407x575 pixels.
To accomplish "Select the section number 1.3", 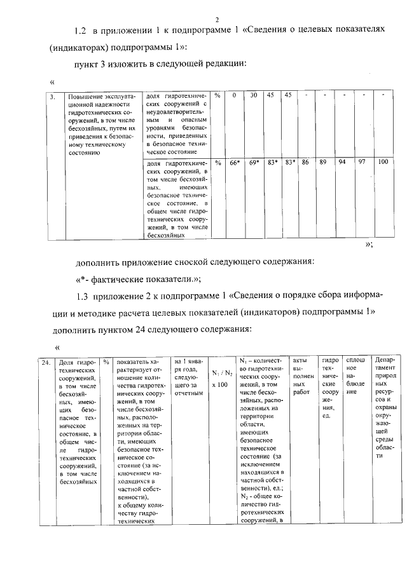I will pyautogui.click(x=81, y=297).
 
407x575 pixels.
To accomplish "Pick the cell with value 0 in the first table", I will pyautogui.click(x=235, y=95).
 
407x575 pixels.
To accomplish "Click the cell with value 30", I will pyautogui.click(x=253, y=95).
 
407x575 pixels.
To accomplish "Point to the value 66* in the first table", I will pyautogui.click(x=235, y=163).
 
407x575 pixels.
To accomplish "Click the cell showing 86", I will pyautogui.click(x=305, y=163).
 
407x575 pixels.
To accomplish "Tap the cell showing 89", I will pyautogui.click(x=323, y=163).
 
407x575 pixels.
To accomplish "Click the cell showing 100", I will pyautogui.click(x=382, y=163).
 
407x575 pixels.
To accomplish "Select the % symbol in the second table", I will pyautogui.click(x=107, y=362).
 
